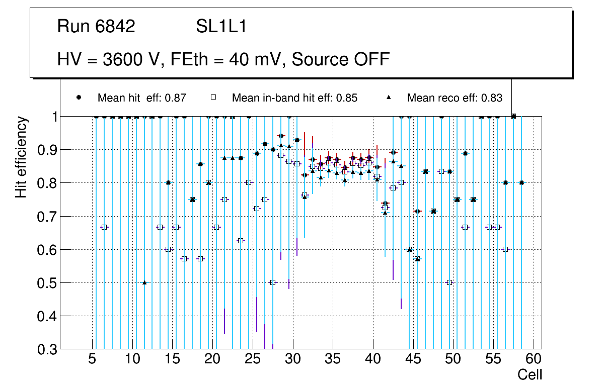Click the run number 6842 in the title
[116, 27]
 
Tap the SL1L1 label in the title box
[221, 27]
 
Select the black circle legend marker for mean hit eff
[79, 98]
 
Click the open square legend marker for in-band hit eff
[213, 98]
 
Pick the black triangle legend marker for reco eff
[388, 98]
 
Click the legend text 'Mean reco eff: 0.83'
[455, 98]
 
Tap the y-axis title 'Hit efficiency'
[21, 157]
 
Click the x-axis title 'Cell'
[530, 374]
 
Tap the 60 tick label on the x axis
[534, 359]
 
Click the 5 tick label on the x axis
[92, 359]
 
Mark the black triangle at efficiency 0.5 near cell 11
[144, 282]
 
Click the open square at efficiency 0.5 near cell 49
[449, 282]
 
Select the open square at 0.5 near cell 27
[273, 282]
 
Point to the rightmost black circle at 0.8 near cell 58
[522, 183]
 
